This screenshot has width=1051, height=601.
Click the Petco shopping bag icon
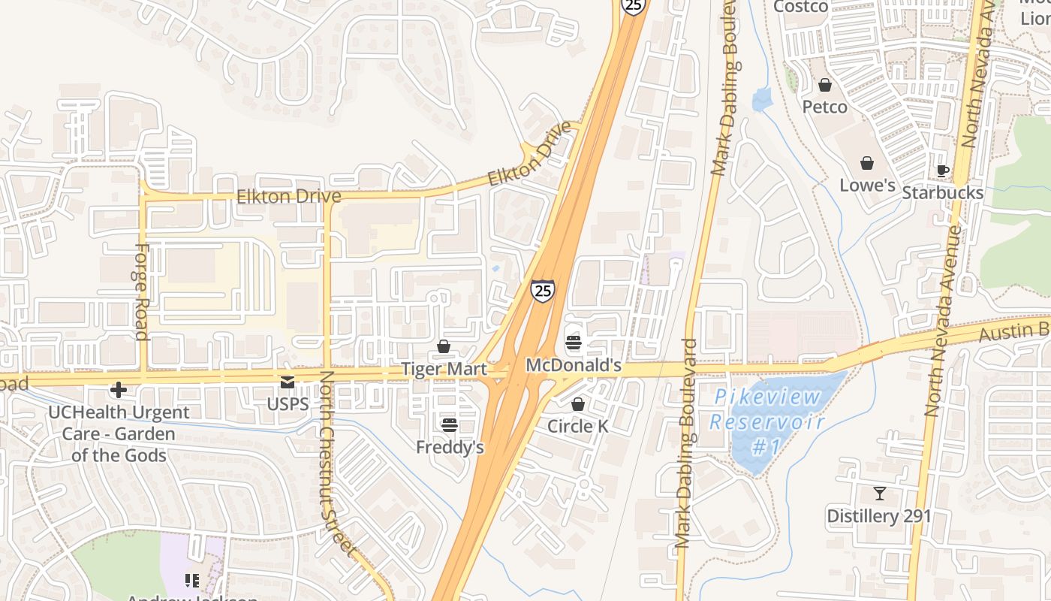[x=825, y=85]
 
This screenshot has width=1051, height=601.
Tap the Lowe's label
[x=867, y=185]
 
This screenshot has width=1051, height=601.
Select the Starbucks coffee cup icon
[x=943, y=171]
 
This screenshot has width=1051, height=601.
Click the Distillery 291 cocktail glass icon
[x=879, y=494]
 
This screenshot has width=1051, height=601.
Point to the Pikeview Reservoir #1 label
[x=766, y=422]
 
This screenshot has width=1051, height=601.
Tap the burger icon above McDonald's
[x=574, y=343]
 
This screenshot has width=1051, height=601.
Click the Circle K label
[x=577, y=426]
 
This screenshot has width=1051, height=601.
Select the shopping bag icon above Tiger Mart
[x=444, y=346]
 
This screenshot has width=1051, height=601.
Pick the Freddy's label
[x=450, y=447]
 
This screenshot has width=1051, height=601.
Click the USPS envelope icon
[x=288, y=382]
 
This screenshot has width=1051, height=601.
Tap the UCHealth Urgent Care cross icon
[x=118, y=390]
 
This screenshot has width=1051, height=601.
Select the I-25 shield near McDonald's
[x=543, y=290]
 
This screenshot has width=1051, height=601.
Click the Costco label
[x=800, y=7]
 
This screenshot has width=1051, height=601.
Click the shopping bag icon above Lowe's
[x=867, y=163]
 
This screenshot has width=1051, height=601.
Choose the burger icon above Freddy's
[x=449, y=425]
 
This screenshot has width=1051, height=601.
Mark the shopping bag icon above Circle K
[x=577, y=404]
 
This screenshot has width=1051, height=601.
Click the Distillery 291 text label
[x=878, y=516]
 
